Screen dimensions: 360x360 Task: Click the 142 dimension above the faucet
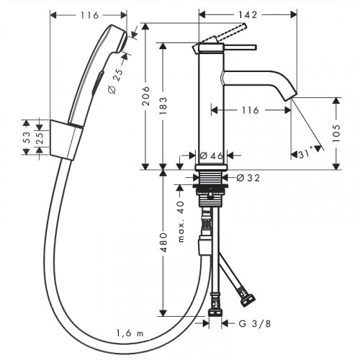coord(249,14)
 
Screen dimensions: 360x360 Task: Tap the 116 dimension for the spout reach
coord(251,110)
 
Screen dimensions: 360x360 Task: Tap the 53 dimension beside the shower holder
coord(26,137)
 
